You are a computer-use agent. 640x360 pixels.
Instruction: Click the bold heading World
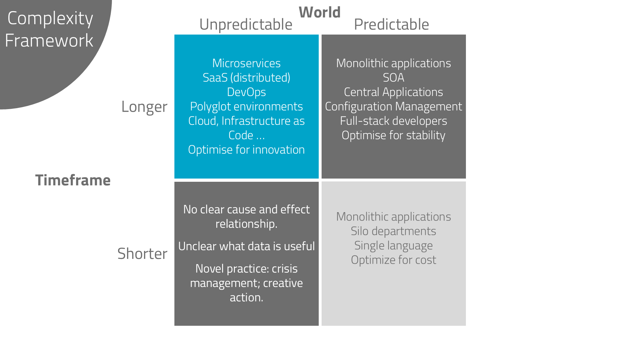319,12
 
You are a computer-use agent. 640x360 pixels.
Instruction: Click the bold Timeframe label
73,180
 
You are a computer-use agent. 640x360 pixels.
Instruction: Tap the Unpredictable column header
246,25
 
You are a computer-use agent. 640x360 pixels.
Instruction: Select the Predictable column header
391,25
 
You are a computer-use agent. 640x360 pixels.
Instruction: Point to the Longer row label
144,107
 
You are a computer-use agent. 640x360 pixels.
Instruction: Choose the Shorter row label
142,254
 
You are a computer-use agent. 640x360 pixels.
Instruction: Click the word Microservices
246,63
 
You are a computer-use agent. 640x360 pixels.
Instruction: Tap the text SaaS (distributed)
246,78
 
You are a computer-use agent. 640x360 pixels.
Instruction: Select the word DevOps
246,92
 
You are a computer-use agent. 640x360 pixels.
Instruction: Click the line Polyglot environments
246,107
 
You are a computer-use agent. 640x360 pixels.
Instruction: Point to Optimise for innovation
246,150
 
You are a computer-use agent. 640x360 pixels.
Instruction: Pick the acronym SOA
394,78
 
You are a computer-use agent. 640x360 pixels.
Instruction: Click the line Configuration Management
394,107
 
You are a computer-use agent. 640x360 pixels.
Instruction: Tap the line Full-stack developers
394,121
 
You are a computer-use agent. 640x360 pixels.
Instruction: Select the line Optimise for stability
394,135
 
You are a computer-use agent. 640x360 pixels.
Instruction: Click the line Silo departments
394,231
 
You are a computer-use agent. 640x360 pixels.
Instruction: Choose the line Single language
394,245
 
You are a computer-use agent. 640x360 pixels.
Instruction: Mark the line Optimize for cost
394,260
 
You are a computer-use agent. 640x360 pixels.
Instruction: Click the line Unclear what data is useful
246,246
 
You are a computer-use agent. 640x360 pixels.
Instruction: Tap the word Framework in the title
49,41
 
